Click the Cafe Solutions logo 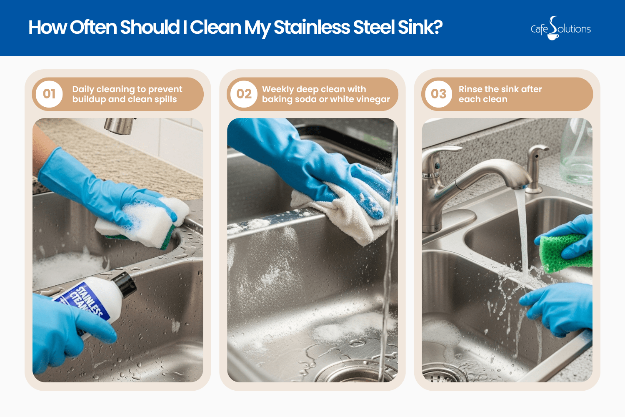pyautogui.click(x=560, y=28)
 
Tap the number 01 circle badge pyautogui.click(x=49, y=94)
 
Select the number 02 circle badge pyautogui.click(x=244, y=94)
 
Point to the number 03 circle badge pyautogui.click(x=438, y=94)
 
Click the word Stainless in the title pyautogui.click(x=312, y=28)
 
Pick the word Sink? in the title pyautogui.click(x=420, y=28)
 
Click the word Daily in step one pyautogui.click(x=83, y=89)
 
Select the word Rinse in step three pyautogui.click(x=470, y=89)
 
